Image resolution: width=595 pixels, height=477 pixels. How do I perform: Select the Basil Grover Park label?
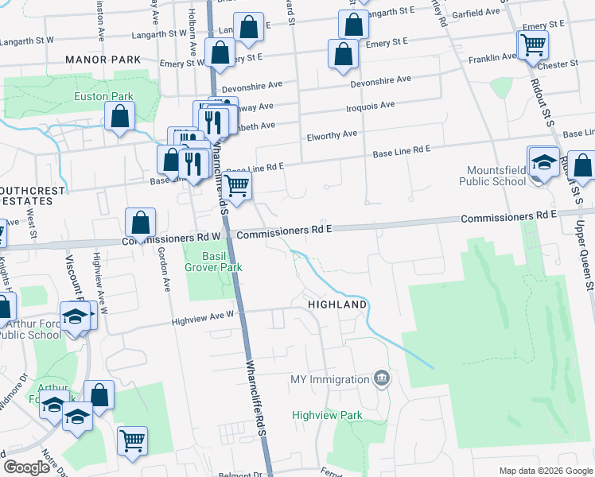(x=213, y=262)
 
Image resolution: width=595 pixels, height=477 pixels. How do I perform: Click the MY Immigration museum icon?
(x=382, y=378)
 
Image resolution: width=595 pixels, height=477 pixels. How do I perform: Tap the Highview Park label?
(x=327, y=415)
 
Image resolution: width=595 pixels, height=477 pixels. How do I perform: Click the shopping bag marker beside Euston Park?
(x=119, y=118)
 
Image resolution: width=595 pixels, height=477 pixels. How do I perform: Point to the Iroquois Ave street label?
(x=371, y=105)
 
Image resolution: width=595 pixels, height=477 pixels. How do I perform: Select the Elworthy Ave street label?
(x=332, y=135)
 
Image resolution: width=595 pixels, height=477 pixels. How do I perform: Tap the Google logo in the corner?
(x=27, y=467)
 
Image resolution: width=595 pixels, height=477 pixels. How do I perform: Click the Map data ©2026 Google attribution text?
(x=545, y=471)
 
